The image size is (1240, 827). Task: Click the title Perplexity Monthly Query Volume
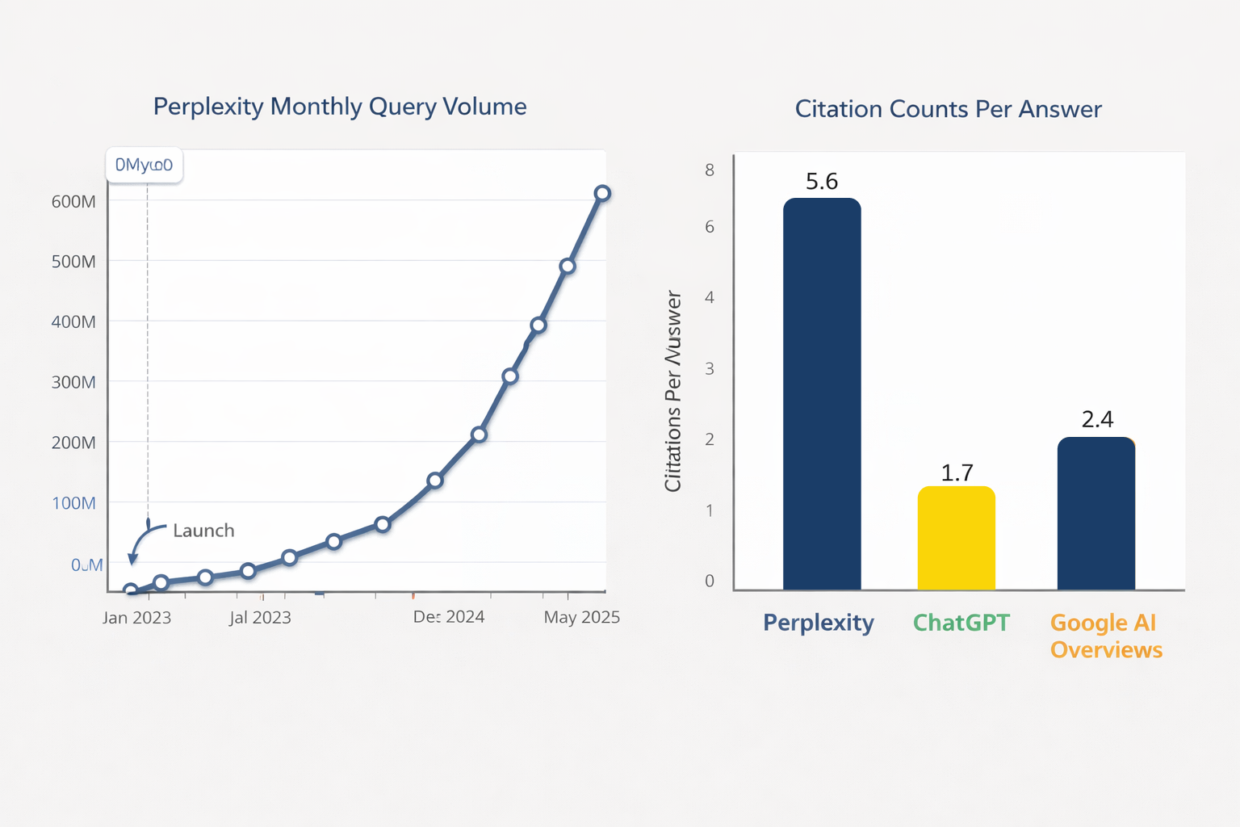coord(340,107)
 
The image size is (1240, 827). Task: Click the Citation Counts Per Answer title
coord(948,109)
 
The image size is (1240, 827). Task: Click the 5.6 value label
coord(822,182)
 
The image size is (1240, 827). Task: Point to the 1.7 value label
coord(957,472)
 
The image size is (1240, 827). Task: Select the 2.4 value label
coord(1097,419)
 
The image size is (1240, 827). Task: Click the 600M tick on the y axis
coord(73,202)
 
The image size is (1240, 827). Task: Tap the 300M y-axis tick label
coord(73,382)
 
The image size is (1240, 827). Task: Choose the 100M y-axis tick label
coord(73,503)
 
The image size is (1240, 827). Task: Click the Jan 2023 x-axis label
coord(136,618)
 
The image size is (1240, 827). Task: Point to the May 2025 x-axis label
coord(581,618)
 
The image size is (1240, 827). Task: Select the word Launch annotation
coord(203,531)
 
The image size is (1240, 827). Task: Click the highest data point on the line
coord(602,193)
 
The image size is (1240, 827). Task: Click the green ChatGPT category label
coord(961,623)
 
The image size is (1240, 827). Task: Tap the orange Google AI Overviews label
coord(1106,636)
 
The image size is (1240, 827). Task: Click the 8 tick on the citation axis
coord(710,170)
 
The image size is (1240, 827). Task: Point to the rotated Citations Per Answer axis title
coord(673,392)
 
